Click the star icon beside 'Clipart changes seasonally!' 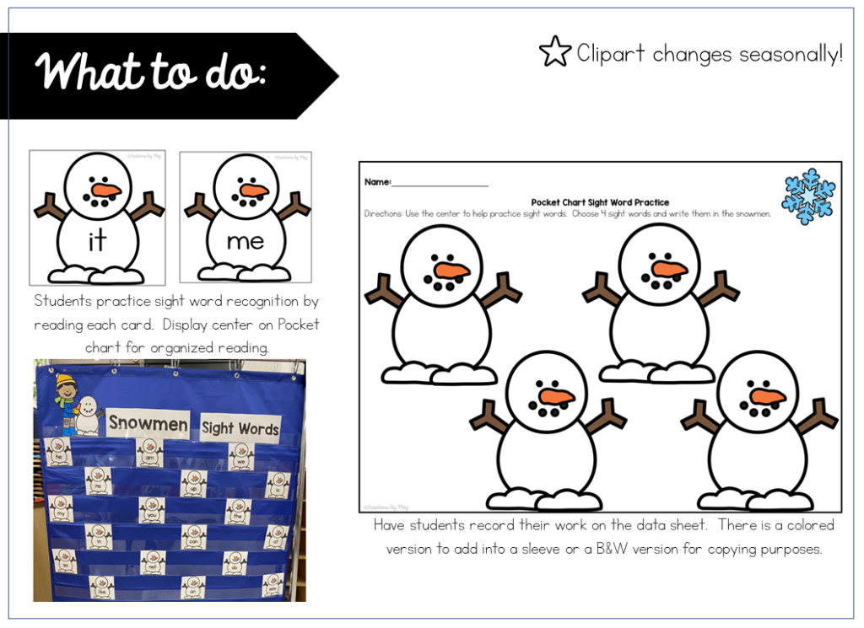554,52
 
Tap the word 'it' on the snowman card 97,241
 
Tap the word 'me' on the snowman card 245,241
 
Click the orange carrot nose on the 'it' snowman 106,190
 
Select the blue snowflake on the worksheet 807,196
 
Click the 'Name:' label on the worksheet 377,182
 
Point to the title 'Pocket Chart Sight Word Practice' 600,202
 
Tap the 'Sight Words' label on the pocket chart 240,428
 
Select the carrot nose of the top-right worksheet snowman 671,269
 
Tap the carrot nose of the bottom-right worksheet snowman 767,396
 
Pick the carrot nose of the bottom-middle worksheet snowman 556,396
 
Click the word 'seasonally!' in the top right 790,54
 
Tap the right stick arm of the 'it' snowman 149,205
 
